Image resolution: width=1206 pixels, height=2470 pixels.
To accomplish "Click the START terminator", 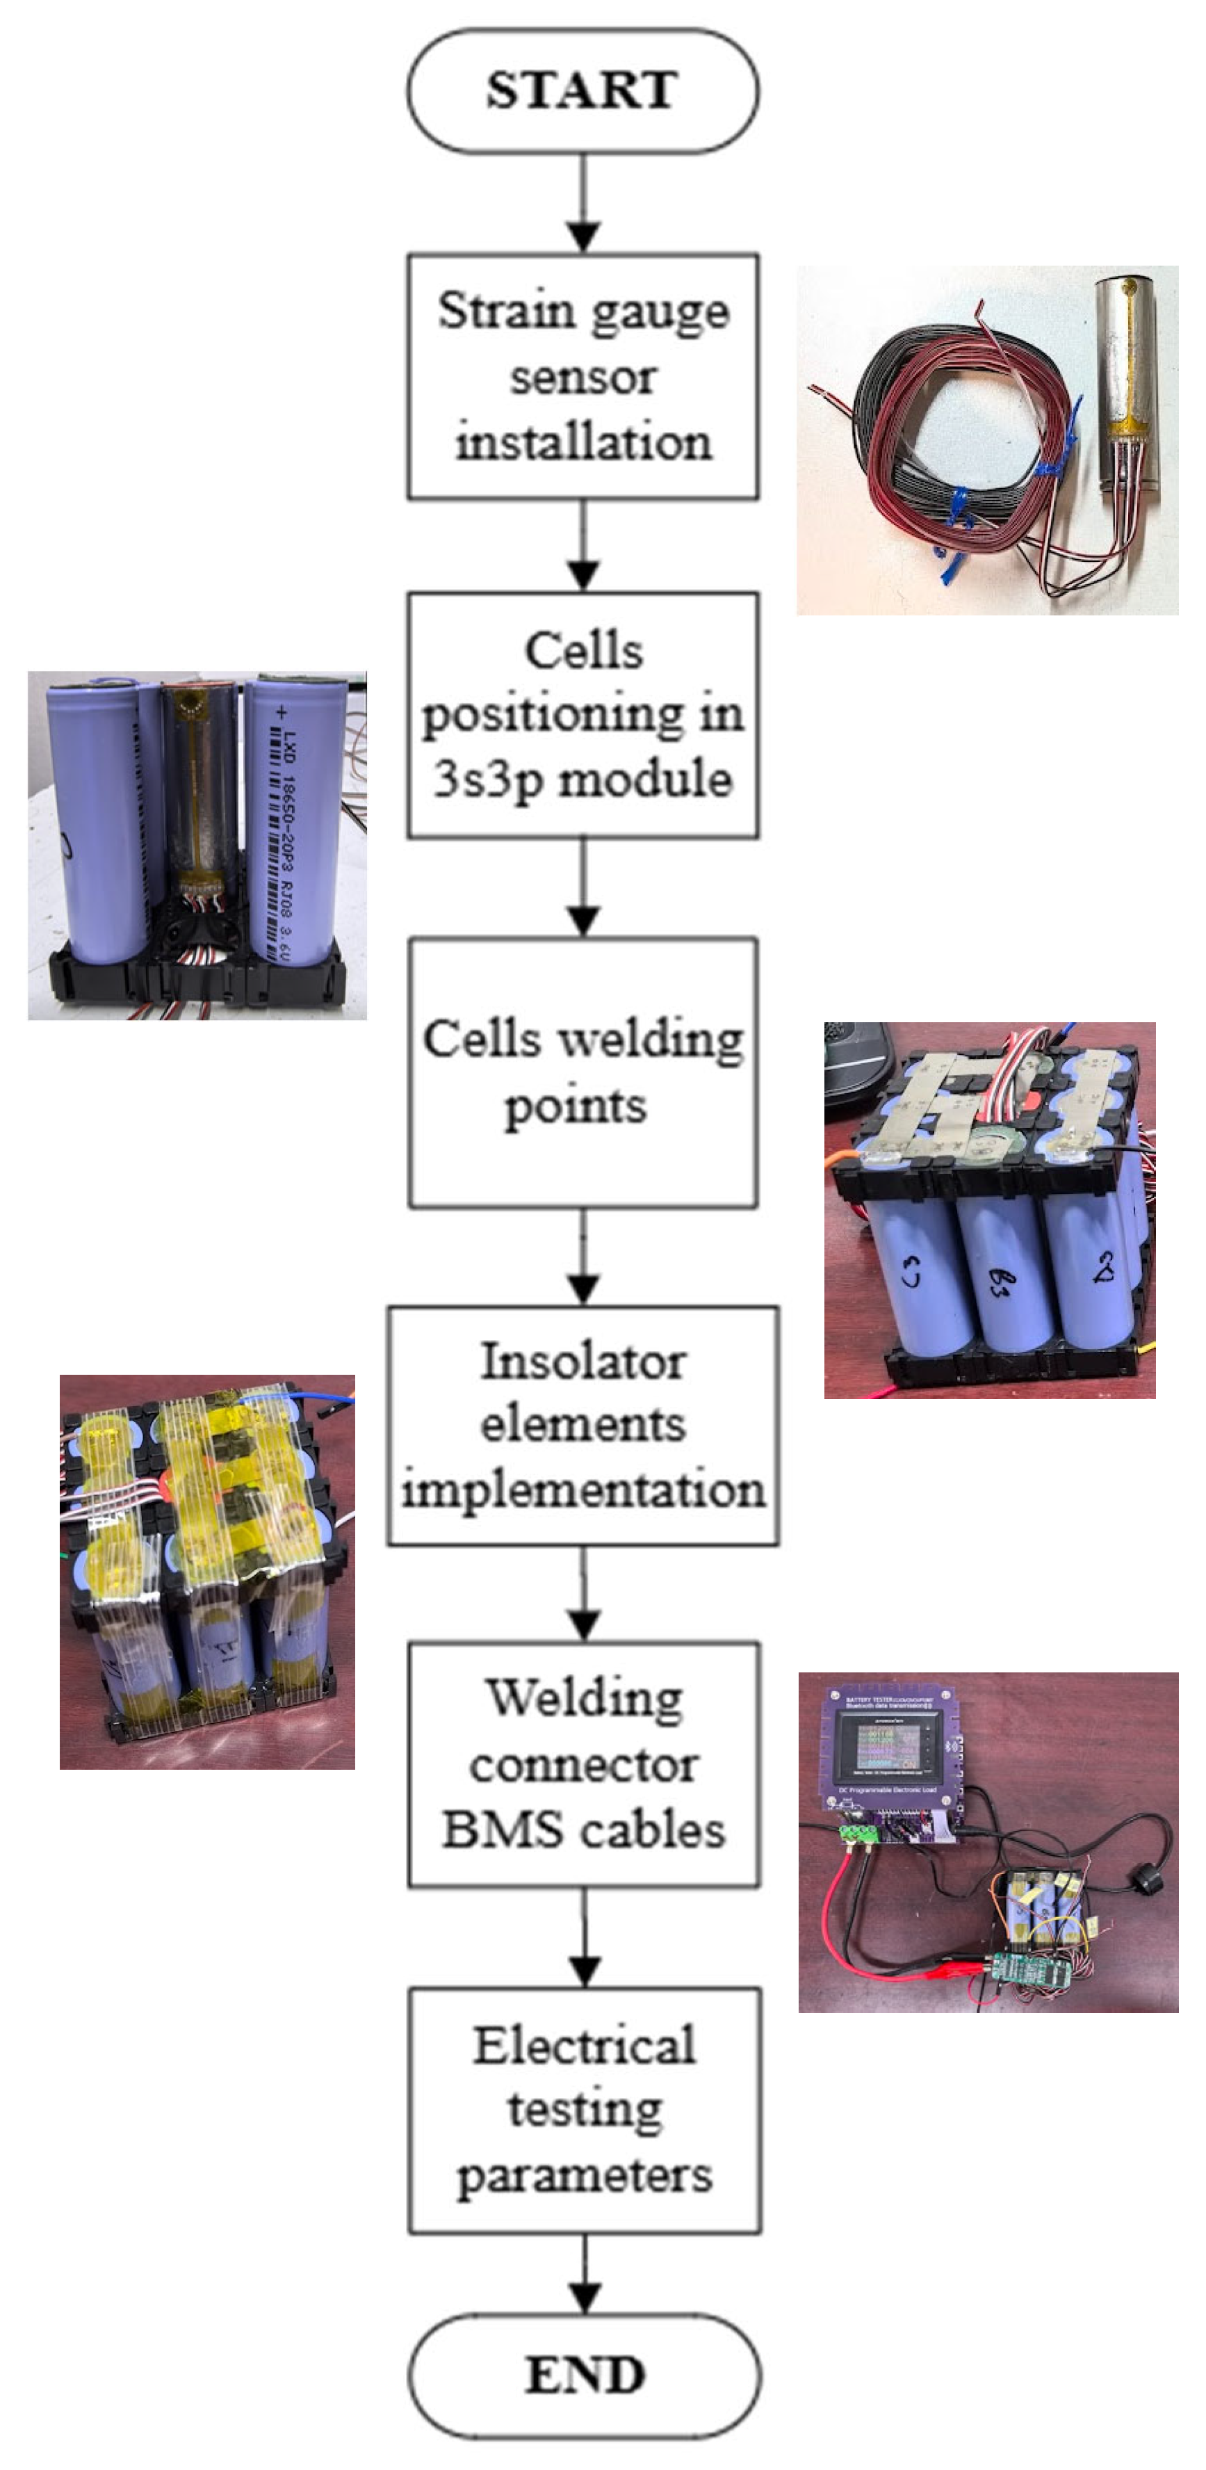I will (583, 90).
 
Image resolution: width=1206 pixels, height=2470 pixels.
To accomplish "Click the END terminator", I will (585, 2375).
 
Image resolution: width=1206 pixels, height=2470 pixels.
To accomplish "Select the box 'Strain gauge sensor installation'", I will (583, 376).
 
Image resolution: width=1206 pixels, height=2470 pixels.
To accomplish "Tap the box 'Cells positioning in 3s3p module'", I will (583, 716).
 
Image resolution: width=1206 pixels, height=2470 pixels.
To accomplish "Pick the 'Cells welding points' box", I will (583, 1072).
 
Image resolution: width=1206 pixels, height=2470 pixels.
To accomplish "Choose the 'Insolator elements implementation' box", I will (583, 1426).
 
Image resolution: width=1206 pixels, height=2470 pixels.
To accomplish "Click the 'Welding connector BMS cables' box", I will (584, 1766).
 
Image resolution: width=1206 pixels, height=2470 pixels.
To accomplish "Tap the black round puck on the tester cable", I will (1146, 1880).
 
